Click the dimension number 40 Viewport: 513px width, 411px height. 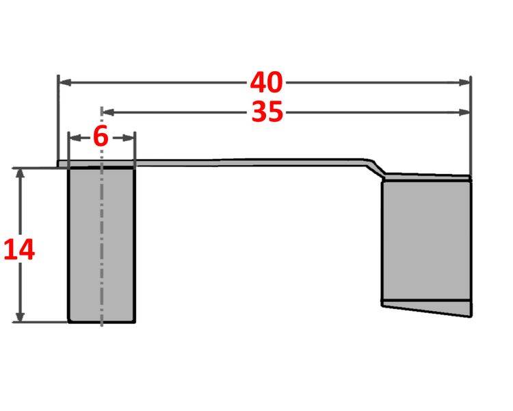click(266, 83)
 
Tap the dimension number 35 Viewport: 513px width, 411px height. click(267, 112)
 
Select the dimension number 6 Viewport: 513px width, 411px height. click(101, 137)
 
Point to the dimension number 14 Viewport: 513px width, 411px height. click(19, 250)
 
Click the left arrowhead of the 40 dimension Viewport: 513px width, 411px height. click(64, 83)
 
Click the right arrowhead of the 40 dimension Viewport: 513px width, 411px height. click(466, 83)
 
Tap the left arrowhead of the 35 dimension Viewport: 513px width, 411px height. click(107, 112)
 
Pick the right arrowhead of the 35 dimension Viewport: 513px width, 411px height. click(466, 112)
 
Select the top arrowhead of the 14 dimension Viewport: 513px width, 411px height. click(21, 173)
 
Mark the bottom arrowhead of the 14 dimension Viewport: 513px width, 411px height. click(21, 316)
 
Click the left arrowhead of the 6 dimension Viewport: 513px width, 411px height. click(74, 137)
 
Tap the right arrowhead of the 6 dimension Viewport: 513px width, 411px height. click(129, 137)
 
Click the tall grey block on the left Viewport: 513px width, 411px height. click(101, 243)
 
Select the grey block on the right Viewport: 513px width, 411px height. click(425, 240)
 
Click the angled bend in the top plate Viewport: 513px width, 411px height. click(376, 167)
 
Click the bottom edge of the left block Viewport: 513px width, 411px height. click(101, 321)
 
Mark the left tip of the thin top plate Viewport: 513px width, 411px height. click(59, 164)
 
